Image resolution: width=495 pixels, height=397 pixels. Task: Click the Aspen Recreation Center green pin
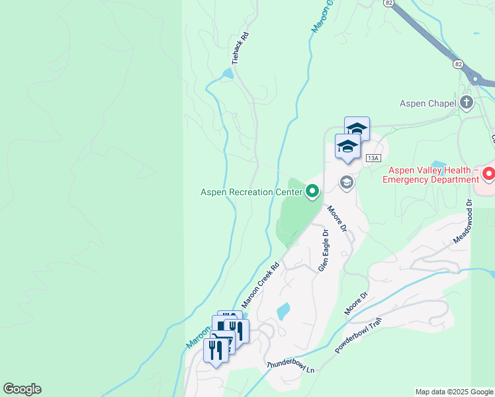pos(312,192)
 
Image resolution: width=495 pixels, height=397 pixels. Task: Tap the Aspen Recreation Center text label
pos(251,193)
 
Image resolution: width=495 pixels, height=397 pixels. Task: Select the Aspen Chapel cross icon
pos(467,103)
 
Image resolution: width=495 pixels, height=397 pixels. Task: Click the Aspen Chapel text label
pos(428,103)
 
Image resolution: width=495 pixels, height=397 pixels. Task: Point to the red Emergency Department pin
pos(488,175)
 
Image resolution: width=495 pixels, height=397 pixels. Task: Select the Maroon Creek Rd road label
pos(260,284)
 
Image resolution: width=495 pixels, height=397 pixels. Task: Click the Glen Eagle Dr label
pos(324,251)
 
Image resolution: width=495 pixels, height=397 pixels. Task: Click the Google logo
pos(22,389)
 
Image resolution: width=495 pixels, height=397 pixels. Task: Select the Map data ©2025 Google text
pos(455,392)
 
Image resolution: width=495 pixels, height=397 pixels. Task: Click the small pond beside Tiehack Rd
pos(228,73)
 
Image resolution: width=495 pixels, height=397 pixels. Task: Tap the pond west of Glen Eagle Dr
pos(283,310)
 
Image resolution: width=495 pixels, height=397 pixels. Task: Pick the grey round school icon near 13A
pos(346,181)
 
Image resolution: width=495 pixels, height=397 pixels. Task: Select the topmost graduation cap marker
pos(357,128)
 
